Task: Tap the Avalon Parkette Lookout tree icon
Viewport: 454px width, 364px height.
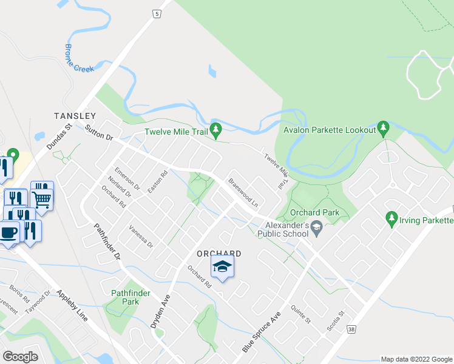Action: [382, 128]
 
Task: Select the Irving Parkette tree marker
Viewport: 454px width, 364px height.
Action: [391, 217]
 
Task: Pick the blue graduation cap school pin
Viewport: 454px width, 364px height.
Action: [223, 266]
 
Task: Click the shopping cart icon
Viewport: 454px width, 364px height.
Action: [42, 197]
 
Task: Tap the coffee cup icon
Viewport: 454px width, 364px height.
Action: [8, 232]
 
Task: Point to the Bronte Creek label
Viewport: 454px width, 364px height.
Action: [80, 59]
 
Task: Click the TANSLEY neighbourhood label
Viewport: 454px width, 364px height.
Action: [75, 115]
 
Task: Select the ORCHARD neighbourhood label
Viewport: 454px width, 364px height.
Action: [219, 254]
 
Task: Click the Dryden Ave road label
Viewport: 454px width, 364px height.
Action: [161, 310]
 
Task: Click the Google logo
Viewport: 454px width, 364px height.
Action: [21, 357]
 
